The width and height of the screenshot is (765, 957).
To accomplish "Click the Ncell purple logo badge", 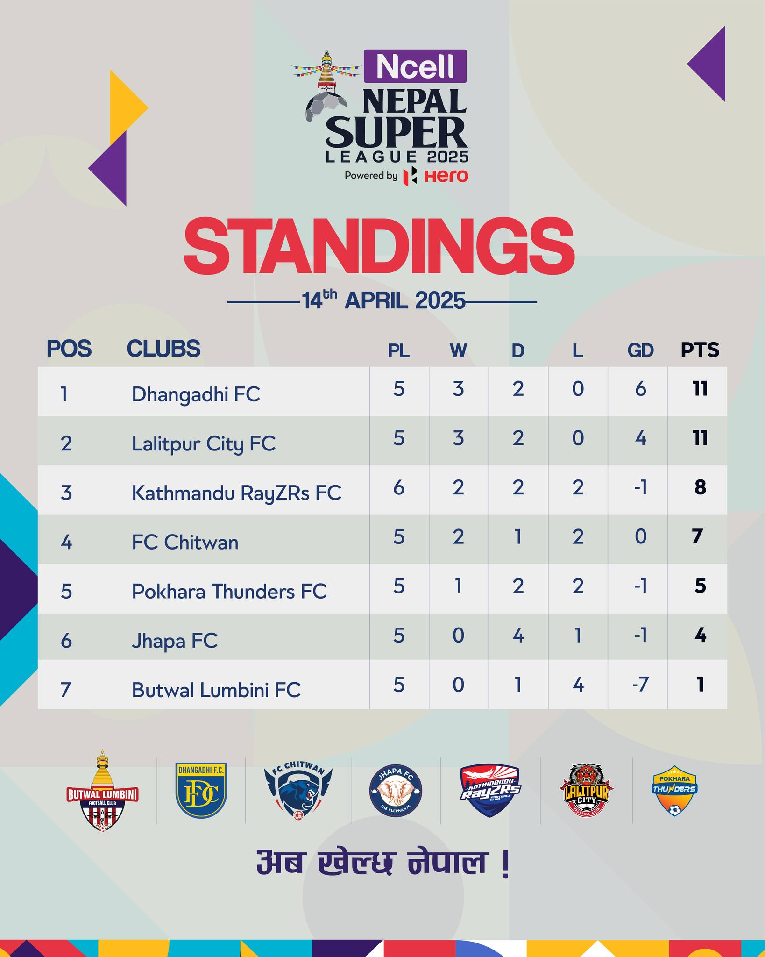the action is (415, 66).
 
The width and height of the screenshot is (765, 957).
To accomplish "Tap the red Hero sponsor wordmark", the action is (446, 176).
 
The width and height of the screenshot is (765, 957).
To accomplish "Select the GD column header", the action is (640, 350).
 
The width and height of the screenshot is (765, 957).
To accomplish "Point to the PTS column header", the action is (700, 350).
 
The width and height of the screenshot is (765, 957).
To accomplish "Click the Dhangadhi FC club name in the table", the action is (196, 394).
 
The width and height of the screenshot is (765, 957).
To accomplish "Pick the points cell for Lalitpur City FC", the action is (700, 438).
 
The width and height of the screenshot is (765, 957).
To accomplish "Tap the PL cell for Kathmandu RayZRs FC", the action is (399, 488).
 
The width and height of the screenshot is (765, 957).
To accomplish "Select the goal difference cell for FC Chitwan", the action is (640, 537).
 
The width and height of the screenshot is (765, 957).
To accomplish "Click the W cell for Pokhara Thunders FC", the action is (459, 586).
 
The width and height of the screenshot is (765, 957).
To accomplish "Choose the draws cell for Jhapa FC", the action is (518, 636).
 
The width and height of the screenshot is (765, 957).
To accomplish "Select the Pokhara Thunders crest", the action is (674, 791).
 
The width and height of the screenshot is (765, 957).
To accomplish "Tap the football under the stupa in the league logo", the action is (326, 107).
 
